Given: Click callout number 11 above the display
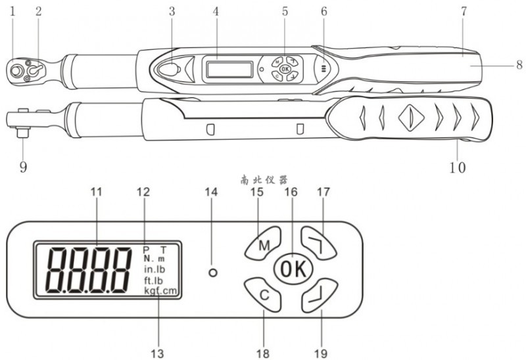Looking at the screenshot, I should (x=97, y=192).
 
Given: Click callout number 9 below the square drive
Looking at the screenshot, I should (x=22, y=167).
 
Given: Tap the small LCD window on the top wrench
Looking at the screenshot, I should (x=228, y=68).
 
